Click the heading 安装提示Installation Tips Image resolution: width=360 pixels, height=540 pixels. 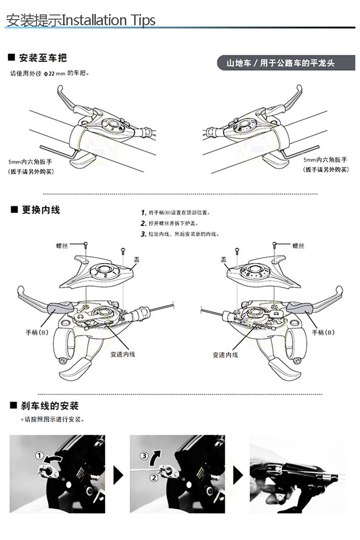tap(81, 20)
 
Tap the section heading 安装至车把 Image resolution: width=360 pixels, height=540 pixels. tap(42, 58)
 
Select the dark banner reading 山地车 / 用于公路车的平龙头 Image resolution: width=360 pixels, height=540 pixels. tap(280, 63)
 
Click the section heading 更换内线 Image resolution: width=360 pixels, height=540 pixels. tap(41, 210)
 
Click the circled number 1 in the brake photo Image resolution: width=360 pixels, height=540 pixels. tap(40, 455)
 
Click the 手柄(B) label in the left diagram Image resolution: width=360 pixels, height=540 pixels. tap(37, 331)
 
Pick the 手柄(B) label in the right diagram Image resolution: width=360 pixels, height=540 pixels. tap(323, 332)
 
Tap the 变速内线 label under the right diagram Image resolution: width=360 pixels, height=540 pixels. tap(225, 355)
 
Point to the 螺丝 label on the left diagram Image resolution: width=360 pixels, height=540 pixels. tap(62, 246)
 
